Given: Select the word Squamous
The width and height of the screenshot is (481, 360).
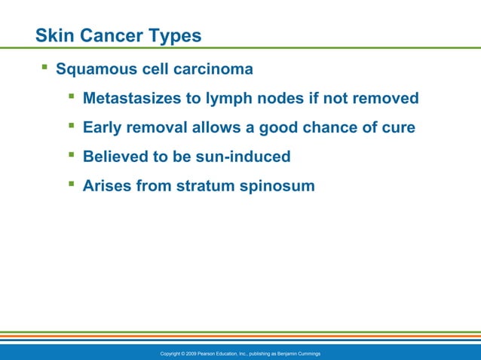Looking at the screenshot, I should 97,69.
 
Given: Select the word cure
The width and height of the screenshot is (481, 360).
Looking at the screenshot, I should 398,127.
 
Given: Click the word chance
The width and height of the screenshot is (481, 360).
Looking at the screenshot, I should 329,127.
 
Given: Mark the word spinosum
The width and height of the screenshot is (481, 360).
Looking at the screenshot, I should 278,185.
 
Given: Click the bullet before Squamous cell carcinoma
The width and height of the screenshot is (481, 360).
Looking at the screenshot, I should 44,69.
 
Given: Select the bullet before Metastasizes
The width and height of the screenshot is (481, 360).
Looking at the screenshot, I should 71,97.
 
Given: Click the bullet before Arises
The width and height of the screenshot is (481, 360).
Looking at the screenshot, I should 71,184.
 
